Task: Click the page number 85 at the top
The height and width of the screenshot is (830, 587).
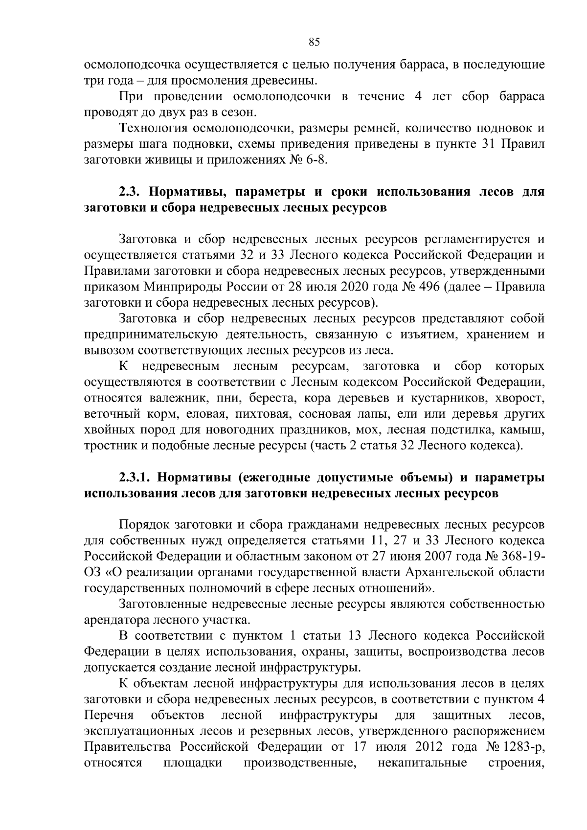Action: (x=314, y=43)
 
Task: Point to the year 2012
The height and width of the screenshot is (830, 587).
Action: (x=429, y=747)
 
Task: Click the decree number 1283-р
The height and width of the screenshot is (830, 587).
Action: (x=524, y=747)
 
